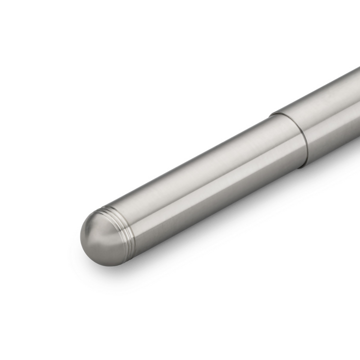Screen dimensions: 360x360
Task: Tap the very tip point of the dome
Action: point(82,239)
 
